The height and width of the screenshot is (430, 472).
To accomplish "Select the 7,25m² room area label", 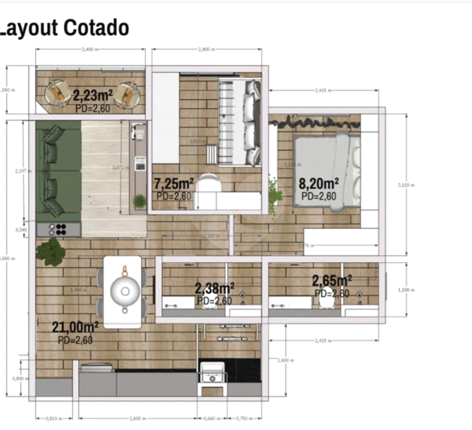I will click(x=174, y=183).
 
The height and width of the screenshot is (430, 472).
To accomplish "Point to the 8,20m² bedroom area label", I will click(x=319, y=183).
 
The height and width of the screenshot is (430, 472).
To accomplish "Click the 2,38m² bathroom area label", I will click(x=214, y=288).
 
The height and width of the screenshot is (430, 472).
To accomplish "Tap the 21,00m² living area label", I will click(x=76, y=326).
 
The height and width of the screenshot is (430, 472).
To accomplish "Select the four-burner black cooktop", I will click(x=59, y=229).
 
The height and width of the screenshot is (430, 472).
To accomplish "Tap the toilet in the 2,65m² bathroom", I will click(x=325, y=303).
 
